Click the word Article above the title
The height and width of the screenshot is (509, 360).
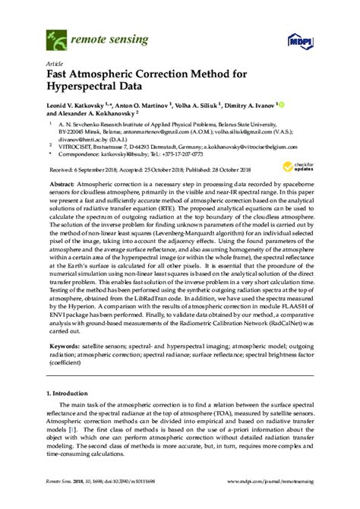pos(55,65)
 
